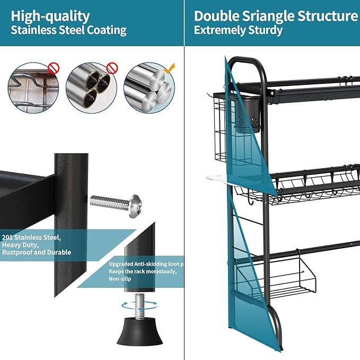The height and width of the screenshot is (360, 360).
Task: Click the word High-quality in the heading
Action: click(50, 16)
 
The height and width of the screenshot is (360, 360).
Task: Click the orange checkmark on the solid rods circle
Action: click(169, 68)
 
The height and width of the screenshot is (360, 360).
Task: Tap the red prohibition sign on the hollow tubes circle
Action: click(111, 68)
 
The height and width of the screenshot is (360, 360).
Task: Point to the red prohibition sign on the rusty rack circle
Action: click(54, 68)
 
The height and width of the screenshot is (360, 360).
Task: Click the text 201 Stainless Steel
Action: click(31, 237)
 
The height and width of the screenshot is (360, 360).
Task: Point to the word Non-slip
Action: click(120, 279)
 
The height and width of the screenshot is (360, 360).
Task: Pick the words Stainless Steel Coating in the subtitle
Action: click(69, 30)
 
